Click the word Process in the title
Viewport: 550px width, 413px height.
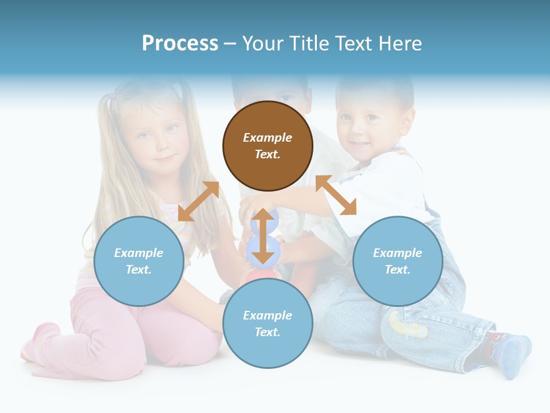coord(180,44)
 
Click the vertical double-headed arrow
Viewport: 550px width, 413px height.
coord(263,236)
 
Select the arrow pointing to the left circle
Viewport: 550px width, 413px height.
coord(198,201)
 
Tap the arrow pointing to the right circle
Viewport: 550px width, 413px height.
coord(336,195)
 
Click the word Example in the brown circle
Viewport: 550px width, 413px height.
coord(268,138)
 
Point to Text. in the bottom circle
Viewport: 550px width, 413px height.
coord(268,332)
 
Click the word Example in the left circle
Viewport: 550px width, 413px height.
coord(139,253)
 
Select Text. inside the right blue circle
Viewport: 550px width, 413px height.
coord(398,270)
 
